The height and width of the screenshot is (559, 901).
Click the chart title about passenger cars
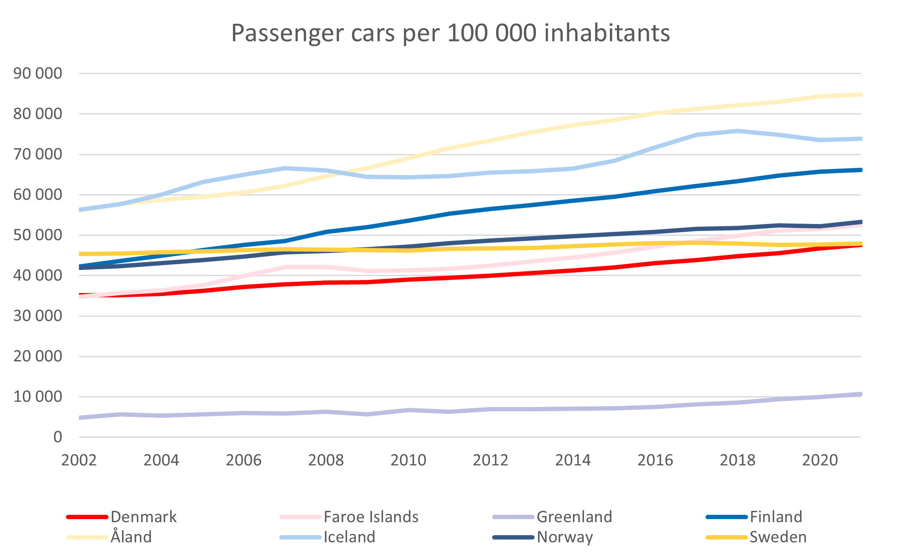(450, 33)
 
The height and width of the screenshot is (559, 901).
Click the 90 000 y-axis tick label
(38, 73)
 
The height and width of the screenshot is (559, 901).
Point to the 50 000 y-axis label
(38, 235)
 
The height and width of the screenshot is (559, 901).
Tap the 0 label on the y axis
(58, 437)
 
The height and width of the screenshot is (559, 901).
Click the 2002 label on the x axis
(79, 460)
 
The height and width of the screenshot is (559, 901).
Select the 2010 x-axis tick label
(408, 460)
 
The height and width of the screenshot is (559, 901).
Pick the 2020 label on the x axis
(819, 460)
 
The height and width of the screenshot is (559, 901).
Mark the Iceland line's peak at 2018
(738, 131)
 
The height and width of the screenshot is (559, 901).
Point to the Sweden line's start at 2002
(80, 254)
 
